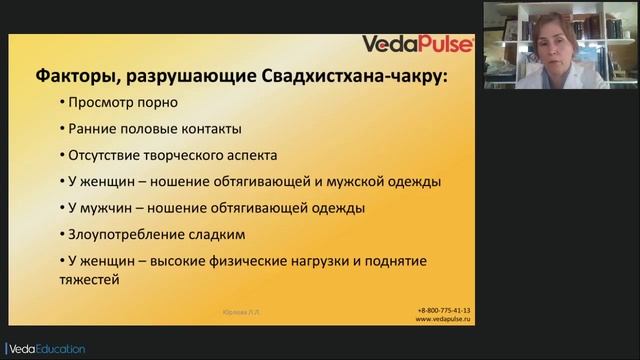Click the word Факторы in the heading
tap(71, 75)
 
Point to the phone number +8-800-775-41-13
tap(444, 310)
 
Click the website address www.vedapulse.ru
tap(444, 319)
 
